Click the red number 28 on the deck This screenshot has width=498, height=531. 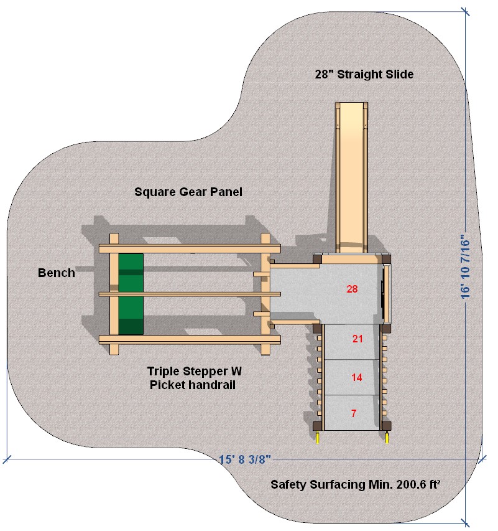point(353,289)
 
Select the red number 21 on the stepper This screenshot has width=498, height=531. point(357,339)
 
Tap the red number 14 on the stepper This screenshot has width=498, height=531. point(356,377)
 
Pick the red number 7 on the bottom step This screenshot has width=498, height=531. point(354,413)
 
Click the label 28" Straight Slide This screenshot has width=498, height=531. point(364,75)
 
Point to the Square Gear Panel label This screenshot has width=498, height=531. point(188,192)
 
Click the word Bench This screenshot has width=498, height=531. point(57,273)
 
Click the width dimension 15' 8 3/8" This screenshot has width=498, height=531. point(245,460)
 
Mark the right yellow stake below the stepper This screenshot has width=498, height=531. point(388,438)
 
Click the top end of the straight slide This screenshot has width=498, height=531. point(352,107)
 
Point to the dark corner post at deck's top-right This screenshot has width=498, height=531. point(386,258)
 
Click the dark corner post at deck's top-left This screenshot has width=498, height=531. point(317,258)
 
